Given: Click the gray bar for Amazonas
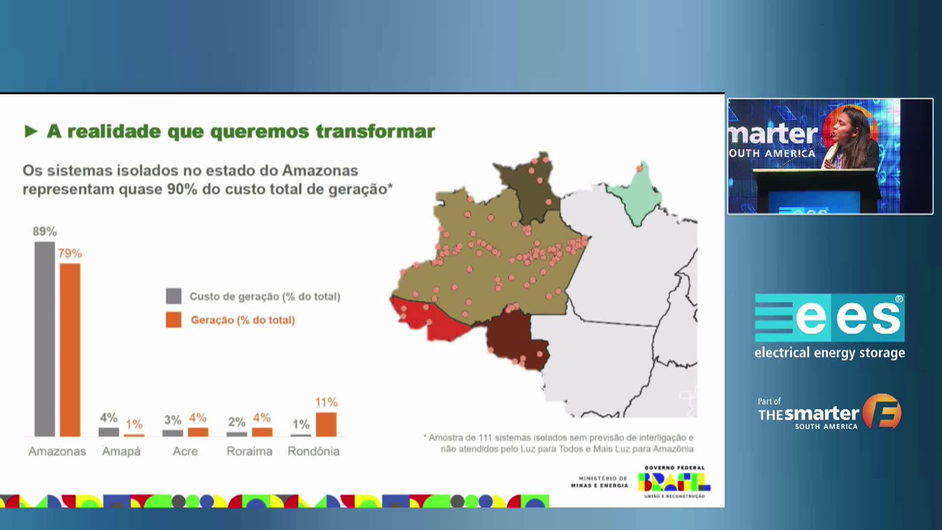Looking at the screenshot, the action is (x=45, y=339).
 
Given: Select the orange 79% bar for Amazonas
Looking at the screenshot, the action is (x=70, y=350).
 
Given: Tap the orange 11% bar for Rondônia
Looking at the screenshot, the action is (x=326, y=424).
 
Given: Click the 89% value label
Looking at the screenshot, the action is (x=45, y=232).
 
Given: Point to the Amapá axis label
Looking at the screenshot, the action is (x=121, y=451).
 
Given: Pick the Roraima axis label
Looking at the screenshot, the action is (x=249, y=451).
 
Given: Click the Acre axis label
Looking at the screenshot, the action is (x=185, y=451).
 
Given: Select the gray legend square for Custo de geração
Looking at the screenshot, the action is (x=174, y=296).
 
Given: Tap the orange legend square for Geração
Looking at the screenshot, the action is (x=174, y=320).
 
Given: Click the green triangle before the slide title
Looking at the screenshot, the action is (x=31, y=132).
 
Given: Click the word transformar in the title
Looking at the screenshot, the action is (x=375, y=132).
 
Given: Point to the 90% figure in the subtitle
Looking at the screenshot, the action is (x=182, y=189).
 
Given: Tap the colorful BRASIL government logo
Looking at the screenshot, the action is (x=674, y=482).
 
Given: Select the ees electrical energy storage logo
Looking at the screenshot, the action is (x=830, y=326).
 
